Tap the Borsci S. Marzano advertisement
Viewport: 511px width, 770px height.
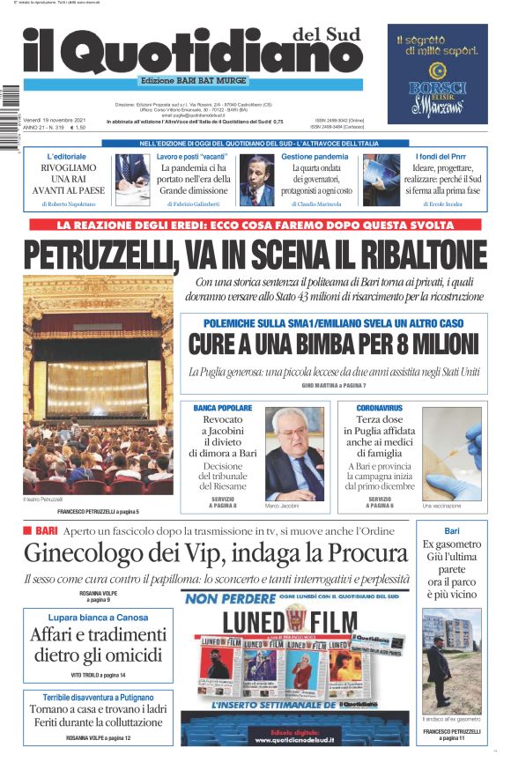click(x=437, y=74)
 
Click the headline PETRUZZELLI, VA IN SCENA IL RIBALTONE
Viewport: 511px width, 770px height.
click(x=255, y=255)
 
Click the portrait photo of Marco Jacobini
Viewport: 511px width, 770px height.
click(x=295, y=455)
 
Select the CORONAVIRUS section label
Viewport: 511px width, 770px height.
click(x=380, y=408)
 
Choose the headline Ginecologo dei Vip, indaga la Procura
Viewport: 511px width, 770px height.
click(x=216, y=554)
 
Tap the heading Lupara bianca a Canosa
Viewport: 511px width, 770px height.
click(x=99, y=617)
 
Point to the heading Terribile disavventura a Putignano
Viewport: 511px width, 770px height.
click(x=98, y=698)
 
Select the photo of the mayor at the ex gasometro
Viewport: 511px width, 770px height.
click(x=452, y=660)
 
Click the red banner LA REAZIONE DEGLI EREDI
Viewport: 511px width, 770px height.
click(x=255, y=226)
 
